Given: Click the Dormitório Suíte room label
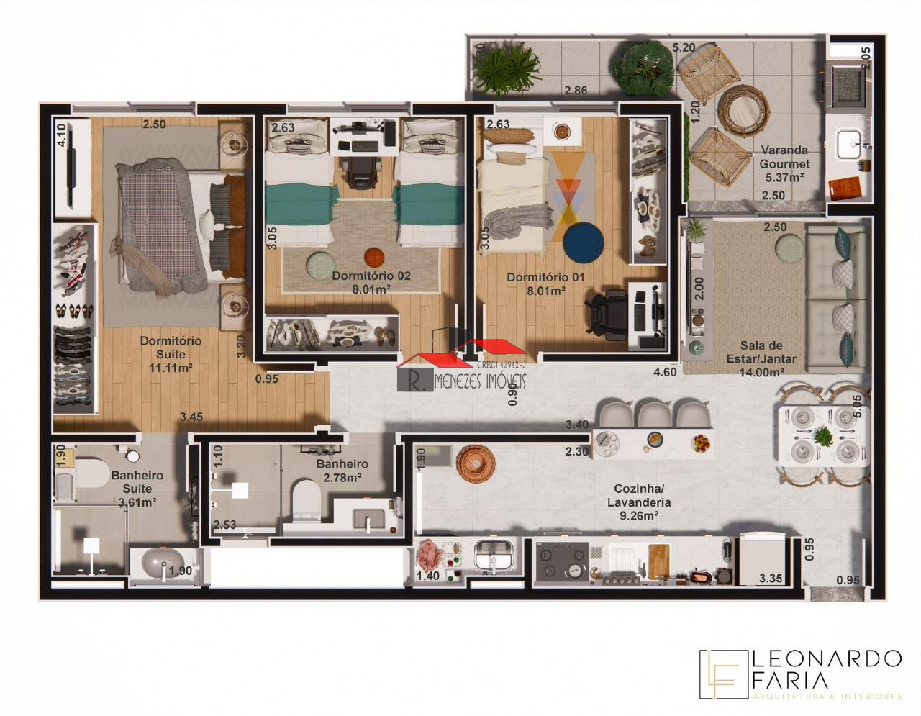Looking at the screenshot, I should coord(171,348).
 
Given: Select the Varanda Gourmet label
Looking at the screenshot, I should coord(784,157).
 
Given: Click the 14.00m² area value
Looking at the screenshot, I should coord(761,372).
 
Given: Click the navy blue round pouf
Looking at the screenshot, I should coord(584,242).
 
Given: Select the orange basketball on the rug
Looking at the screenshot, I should coord(373,256).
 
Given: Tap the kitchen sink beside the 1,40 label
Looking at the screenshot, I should coord(494,556).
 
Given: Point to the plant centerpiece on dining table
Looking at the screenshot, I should coord(821,435).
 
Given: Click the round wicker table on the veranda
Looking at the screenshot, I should coord(741,107).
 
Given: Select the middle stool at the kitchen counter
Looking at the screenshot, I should coord(654,414).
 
